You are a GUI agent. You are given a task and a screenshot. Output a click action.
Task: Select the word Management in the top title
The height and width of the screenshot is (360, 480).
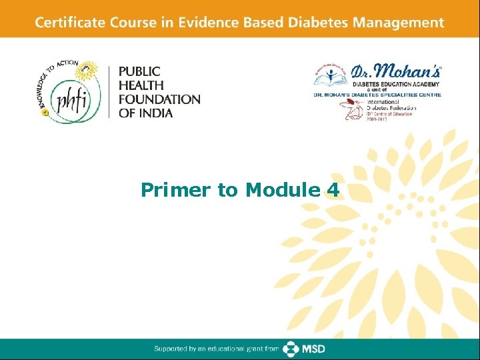(x=402, y=23)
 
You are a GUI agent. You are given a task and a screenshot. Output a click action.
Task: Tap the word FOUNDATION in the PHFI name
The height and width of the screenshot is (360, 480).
(x=159, y=99)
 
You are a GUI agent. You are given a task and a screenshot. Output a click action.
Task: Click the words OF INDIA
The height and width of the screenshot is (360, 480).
(x=146, y=113)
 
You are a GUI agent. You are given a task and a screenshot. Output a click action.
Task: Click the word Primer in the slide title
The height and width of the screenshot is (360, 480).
(x=175, y=191)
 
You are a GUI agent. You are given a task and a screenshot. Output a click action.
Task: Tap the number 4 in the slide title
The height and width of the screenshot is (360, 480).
(x=333, y=191)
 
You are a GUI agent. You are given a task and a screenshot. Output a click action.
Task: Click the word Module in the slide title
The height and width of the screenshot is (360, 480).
(x=281, y=191)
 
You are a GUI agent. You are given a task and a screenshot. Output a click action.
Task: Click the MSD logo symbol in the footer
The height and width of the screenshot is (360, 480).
(x=291, y=349)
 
